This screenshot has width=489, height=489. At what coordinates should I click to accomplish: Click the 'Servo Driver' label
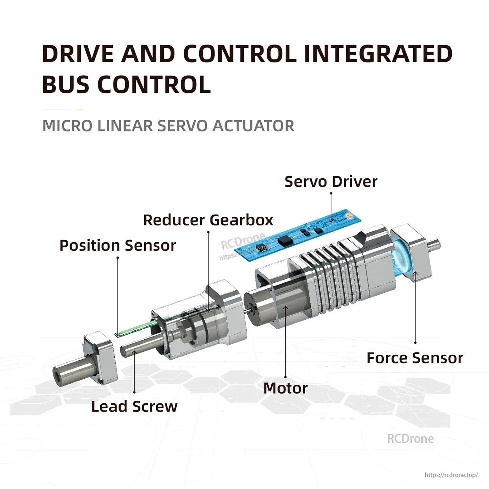(331, 182)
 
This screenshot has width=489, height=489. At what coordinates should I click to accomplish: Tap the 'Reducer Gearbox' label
(208, 220)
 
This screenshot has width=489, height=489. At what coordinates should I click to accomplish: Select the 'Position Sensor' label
(117, 245)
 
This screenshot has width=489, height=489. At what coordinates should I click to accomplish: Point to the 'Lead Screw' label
(134, 406)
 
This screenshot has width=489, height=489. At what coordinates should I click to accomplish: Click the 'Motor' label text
(285, 388)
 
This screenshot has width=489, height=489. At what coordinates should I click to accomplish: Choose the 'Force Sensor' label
(415, 358)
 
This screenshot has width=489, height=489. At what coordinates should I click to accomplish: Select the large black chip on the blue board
(284, 241)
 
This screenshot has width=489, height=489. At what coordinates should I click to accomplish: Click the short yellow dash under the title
(79, 110)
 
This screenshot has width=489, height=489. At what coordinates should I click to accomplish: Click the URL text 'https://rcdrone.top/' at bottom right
(451, 475)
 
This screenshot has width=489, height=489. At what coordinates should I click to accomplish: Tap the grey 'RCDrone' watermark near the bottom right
(410, 439)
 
